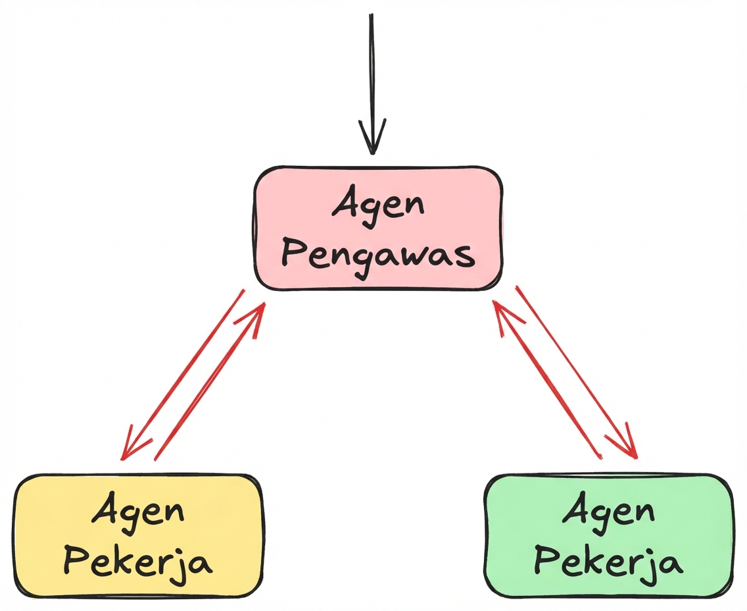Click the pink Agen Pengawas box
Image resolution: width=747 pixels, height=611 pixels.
point(378,228)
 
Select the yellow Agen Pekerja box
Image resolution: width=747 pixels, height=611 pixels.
point(138,535)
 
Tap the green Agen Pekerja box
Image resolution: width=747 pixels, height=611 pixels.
point(608,535)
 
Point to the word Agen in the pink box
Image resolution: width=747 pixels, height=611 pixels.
point(378,205)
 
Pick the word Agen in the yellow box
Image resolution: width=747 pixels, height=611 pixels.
point(138,511)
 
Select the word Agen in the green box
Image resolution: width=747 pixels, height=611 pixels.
point(608,511)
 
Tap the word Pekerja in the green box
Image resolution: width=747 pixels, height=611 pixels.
point(608,561)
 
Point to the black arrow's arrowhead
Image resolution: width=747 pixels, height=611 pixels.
point(372,142)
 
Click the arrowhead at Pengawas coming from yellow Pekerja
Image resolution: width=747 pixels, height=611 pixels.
point(258,313)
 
